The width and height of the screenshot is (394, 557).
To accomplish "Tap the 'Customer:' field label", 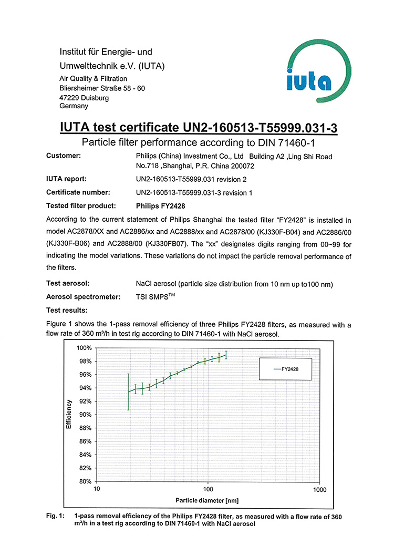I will point(64,156).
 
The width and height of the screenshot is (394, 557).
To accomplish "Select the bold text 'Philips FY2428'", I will point(159,206).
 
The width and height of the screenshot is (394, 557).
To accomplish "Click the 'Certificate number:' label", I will point(78,192).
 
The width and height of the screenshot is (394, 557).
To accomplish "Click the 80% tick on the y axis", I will point(86,481).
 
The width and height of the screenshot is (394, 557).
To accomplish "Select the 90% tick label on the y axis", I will point(86,415).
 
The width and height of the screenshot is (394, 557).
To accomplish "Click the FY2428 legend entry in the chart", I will point(287,369).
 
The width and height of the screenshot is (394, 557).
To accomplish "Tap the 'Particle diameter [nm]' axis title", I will point(208,500).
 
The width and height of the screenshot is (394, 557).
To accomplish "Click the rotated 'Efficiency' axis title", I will point(69,415).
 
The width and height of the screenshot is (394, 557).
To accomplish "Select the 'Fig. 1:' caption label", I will point(56,517).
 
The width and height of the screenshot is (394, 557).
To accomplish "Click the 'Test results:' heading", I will point(67,310).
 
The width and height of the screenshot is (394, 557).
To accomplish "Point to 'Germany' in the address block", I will point(74,106).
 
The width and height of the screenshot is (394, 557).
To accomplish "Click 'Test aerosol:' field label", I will point(68,284).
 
